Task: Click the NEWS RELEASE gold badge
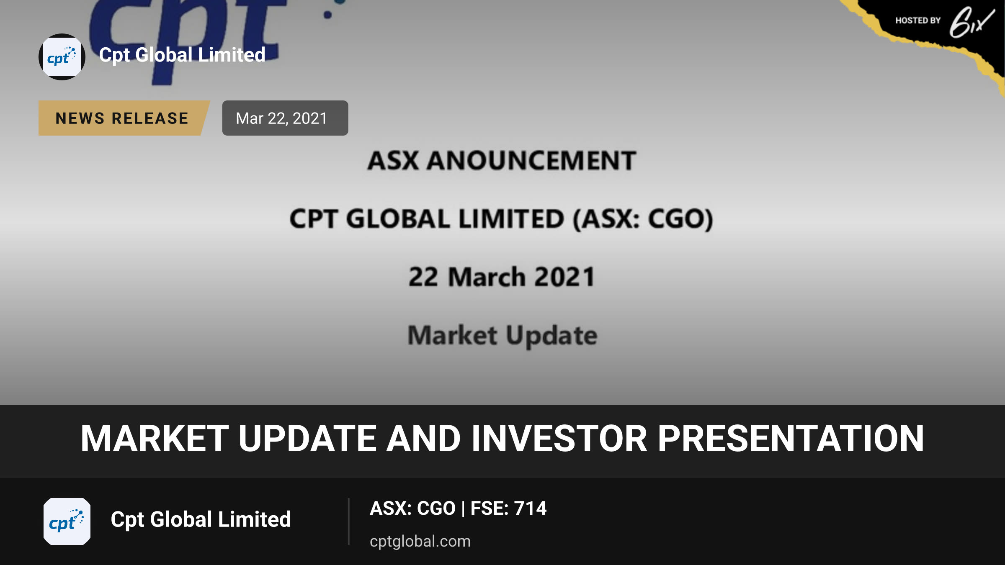pyautogui.click(x=124, y=118)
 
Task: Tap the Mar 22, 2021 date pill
pyautogui.click(x=285, y=118)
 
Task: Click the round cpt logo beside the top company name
pyautogui.click(x=62, y=57)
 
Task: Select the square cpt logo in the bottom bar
pyautogui.click(x=67, y=521)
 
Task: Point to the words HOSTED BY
pyautogui.click(x=918, y=21)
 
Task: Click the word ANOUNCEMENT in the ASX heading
pyautogui.click(x=531, y=160)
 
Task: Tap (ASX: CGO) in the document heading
pyautogui.click(x=643, y=219)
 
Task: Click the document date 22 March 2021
pyautogui.click(x=502, y=277)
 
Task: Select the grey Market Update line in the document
pyautogui.click(x=502, y=336)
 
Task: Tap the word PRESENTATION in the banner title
pyautogui.click(x=791, y=439)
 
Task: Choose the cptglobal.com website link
pyautogui.click(x=420, y=541)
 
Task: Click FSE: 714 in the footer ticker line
pyautogui.click(x=508, y=508)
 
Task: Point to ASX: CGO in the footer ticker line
pyautogui.click(x=412, y=508)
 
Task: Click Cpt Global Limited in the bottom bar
pyautogui.click(x=201, y=519)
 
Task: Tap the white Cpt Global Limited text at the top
pyautogui.click(x=182, y=55)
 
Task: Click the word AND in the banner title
pyautogui.click(x=423, y=439)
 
